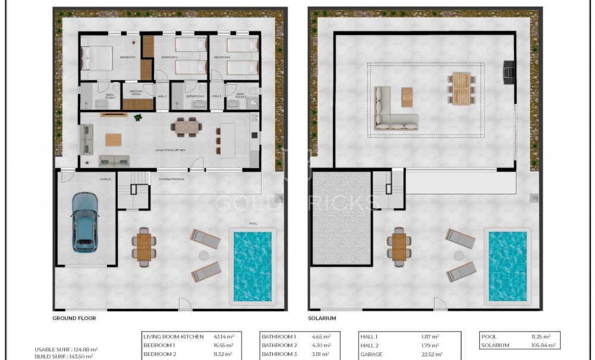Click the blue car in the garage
click(x=84, y=221)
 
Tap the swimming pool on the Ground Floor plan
click(x=252, y=266)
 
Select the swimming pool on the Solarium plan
click(x=508, y=265)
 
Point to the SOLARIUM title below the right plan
click(x=322, y=318)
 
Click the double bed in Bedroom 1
click(x=96, y=58)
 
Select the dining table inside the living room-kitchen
click(x=186, y=127)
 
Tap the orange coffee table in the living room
click(x=114, y=140)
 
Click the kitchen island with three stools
click(x=228, y=140)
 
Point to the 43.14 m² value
click(x=223, y=337)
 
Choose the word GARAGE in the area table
click(x=371, y=355)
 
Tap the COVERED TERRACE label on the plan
click(x=171, y=178)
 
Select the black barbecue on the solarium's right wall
click(x=509, y=72)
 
